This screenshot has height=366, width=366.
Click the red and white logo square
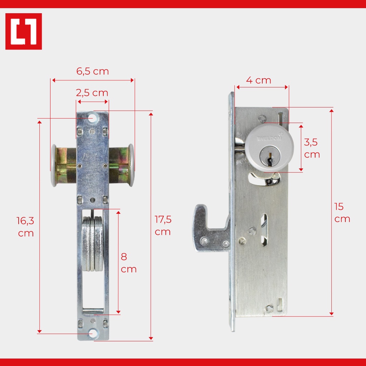pos(24,31)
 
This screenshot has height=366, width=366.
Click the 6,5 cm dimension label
pos(93,71)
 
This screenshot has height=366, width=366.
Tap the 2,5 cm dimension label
pos(92,93)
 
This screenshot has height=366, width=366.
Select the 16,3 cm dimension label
pos(25,227)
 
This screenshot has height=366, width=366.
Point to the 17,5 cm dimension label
pos(163,226)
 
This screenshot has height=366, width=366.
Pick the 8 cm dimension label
pos(128,263)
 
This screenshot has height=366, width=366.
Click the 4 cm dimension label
pos(259,80)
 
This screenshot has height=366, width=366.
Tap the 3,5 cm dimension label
pos(312,148)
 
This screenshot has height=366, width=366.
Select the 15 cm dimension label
pos(342,213)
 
